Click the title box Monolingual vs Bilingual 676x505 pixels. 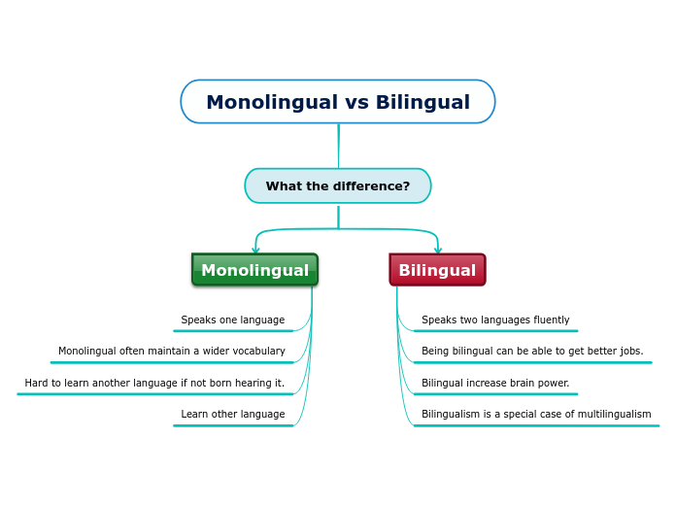[x=338, y=102]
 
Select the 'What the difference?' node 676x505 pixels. [x=338, y=185]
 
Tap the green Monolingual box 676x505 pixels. [x=254, y=270]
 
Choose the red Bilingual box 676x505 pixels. [x=438, y=270]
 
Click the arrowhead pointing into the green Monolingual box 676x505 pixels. [x=255, y=250]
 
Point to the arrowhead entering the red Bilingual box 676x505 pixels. [x=438, y=250]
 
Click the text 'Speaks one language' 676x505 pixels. [x=233, y=320]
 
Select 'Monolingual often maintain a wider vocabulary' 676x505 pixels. [x=172, y=351]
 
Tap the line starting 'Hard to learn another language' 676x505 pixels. [x=154, y=383]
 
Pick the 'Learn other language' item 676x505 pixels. [x=233, y=414]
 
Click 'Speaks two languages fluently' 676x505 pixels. [x=495, y=320]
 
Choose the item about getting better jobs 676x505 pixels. [x=532, y=351]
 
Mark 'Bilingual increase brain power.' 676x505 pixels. [x=495, y=383]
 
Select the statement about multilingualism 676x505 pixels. [x=536, y=414]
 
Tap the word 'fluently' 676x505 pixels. [x=552, y=320]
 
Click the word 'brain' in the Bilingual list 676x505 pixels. [x=518, y=383]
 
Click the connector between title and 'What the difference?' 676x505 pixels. [x=338, y=147]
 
